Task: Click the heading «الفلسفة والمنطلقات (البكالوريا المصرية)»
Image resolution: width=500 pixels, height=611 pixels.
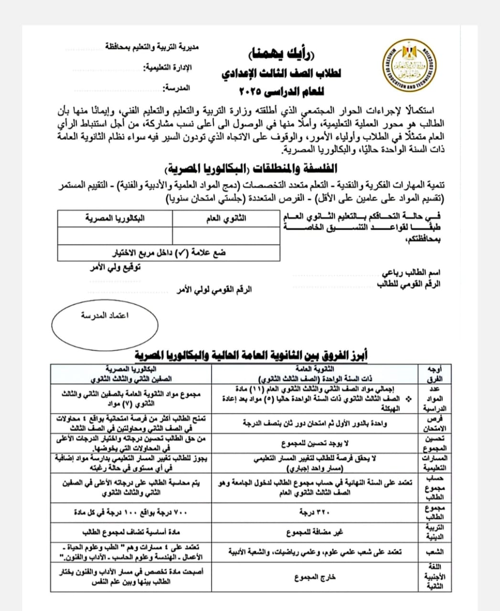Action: coord(251,169)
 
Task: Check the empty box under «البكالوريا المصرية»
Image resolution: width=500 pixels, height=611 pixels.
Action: coord(115,236)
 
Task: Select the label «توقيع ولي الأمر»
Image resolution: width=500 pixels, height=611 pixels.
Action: coord(116,267)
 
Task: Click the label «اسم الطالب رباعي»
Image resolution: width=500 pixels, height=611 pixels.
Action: coord(411,273)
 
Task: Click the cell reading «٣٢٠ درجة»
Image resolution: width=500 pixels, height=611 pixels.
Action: coord(314,512)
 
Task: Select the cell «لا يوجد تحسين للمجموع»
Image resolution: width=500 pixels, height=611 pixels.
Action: coord(314,443)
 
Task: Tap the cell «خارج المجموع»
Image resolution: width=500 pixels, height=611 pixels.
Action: coord(314,577)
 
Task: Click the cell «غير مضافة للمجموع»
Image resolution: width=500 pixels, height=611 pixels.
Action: coord(314,532)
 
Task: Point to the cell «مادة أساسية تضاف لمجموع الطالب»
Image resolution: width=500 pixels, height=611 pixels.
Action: coord(131,532)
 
